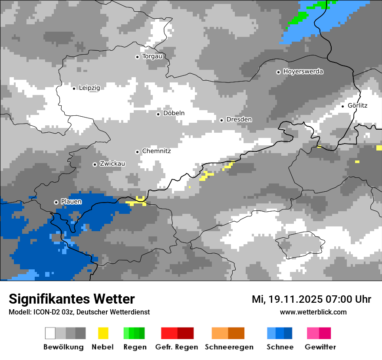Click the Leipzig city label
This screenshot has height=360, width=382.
coord(89,88)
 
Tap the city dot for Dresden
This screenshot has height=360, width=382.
coord(221,120)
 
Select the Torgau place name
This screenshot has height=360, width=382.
coord(152,56)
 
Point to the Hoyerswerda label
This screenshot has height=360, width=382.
coord(303,72)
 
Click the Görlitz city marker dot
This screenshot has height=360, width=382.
coord(342,106)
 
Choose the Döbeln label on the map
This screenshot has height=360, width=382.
coord(174,113)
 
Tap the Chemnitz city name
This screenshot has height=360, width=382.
coord(156,151)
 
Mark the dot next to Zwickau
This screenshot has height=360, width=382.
coord(95,164)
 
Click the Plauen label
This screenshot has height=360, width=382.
coord(71,202)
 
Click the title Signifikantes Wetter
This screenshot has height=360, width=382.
coord(72,299)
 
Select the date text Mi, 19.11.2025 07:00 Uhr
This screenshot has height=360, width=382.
coord(311,299)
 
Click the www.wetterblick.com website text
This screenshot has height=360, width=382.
coord(313,312)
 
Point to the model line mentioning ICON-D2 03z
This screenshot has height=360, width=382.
coord(79,312)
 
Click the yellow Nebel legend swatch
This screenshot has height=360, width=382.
coord(103,333)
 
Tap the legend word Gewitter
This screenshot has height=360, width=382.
coord(320,347)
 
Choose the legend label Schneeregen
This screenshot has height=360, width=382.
coord(229,347)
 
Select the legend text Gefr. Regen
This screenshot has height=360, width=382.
coord(177,347)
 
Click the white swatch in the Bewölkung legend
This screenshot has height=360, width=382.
coord(50,333)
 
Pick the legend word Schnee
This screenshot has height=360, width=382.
coord(280,347)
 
